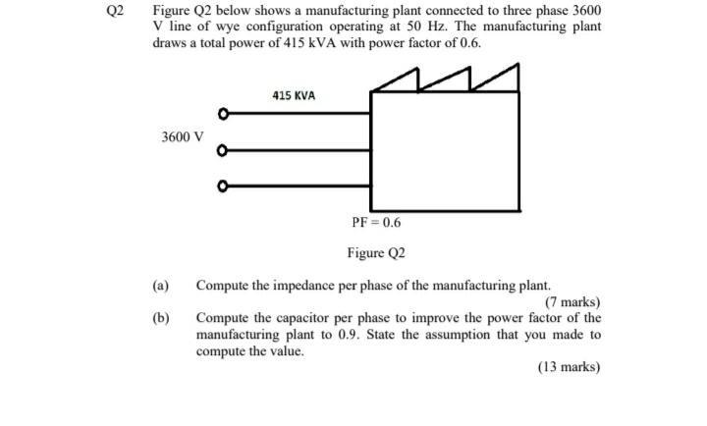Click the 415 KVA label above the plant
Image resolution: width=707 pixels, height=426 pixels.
click(294, 95)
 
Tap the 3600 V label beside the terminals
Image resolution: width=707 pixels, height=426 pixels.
click(183, 136)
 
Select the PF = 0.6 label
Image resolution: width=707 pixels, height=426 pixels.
click(376, 222)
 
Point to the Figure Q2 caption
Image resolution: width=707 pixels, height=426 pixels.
click(376, 253)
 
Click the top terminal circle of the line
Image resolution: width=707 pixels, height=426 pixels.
click(224, 115)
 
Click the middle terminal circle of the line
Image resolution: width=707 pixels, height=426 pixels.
click(224, 151)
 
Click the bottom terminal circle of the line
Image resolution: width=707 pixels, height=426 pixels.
click(224, 186)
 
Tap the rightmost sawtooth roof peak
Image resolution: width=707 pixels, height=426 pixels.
click(515, 66)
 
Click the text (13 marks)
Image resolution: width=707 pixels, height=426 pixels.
click(569, 366)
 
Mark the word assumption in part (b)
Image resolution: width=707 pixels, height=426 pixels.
click(435, 335)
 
